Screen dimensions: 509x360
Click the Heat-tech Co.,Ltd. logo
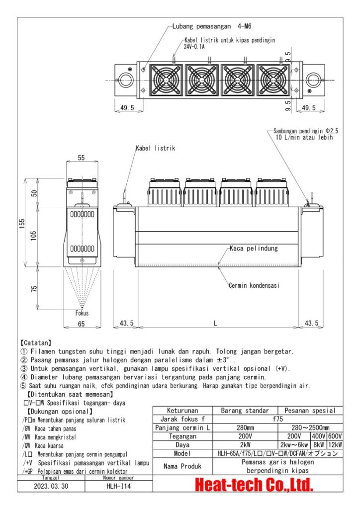[x=254, y=484]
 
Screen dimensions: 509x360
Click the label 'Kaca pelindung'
[x=254, y=248]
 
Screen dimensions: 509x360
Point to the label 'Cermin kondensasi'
[x=254, y=285]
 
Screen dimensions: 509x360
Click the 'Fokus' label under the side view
[x=82, y=313]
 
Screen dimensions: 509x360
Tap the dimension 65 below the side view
[x=82, y=324]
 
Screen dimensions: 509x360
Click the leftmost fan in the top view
[x=167, y=80]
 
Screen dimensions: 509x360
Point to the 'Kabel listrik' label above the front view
[x=155, y=148]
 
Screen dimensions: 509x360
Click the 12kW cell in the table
[x=334, y=445]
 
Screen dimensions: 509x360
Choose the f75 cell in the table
[x=278, y=419]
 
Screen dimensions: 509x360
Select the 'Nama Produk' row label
[x=182, y=466]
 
